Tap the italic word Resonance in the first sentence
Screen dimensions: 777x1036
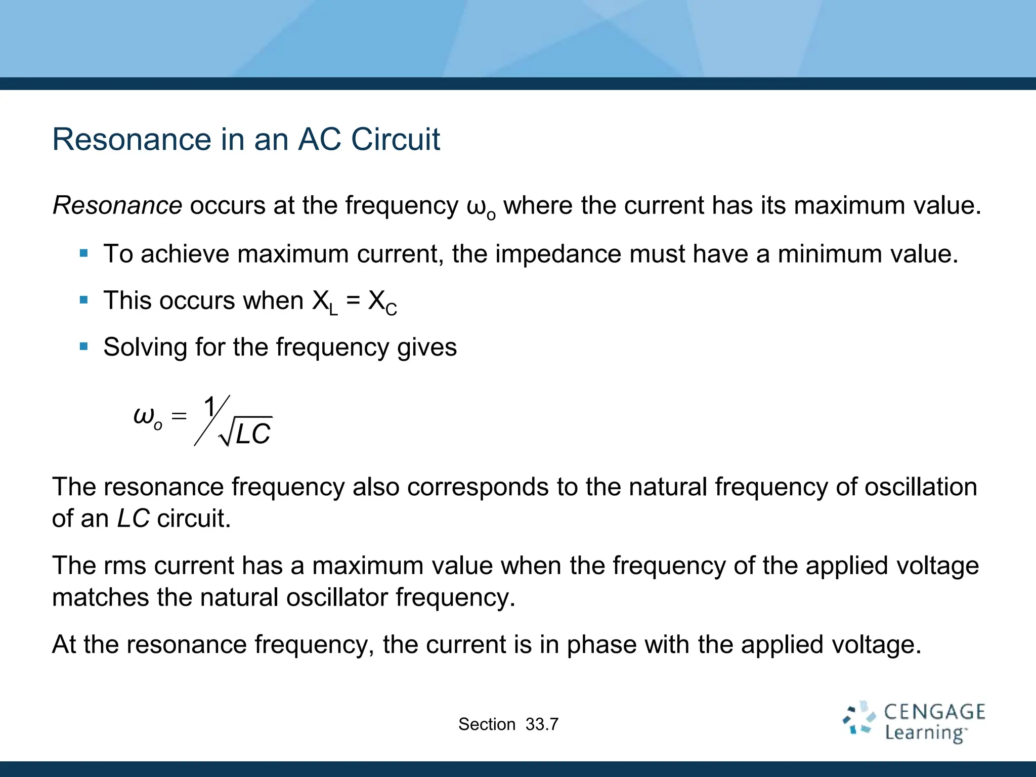(x=117, y=205)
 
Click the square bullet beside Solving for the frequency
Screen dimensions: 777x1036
(x=84, y=347)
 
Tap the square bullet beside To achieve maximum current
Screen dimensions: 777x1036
(x=84, y=253)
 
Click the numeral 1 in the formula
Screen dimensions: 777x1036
(x=209, y=408)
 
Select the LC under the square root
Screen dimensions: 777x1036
(x=253, y=434)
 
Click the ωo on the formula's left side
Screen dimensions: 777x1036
(x=147, y=417)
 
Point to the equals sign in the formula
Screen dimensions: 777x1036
(x=179, y=416)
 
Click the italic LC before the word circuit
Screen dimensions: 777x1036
(x=133, y=519)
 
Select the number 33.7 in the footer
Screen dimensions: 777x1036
(x=542, y=724)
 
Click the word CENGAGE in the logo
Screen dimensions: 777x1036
(x=934, y=712)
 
